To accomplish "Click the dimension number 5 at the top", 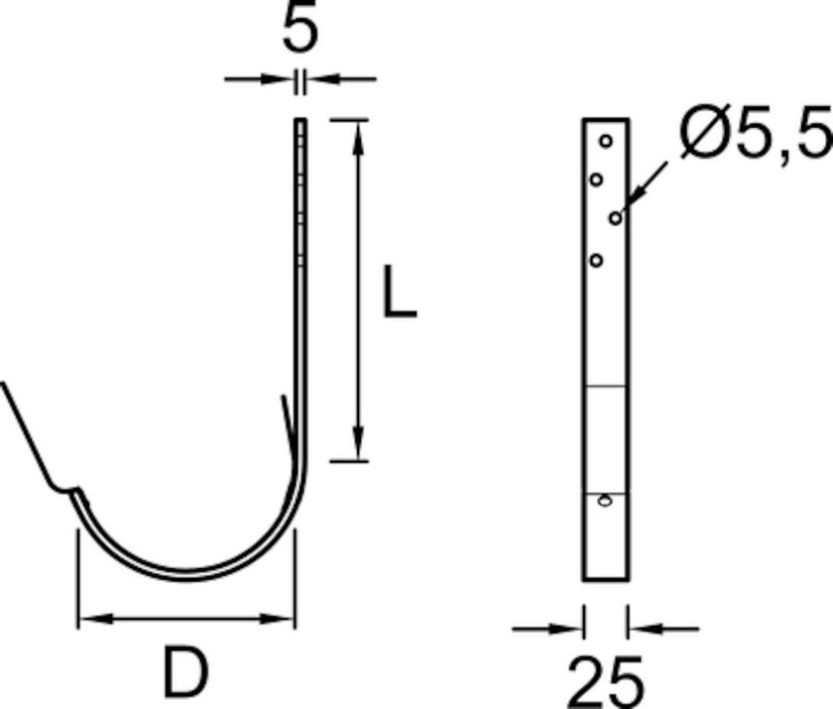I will (x=300, y=30).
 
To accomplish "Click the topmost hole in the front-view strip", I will (x=606, y=141).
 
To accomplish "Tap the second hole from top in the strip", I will (x=596, y=179).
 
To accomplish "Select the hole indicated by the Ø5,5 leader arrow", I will (x=616, y=217).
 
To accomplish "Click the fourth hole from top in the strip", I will (x=596, y=260).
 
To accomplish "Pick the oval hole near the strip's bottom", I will (x=604, y=502).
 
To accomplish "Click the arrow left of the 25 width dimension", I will (x=570, y=627).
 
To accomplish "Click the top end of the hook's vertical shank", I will (x=300, y=121).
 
